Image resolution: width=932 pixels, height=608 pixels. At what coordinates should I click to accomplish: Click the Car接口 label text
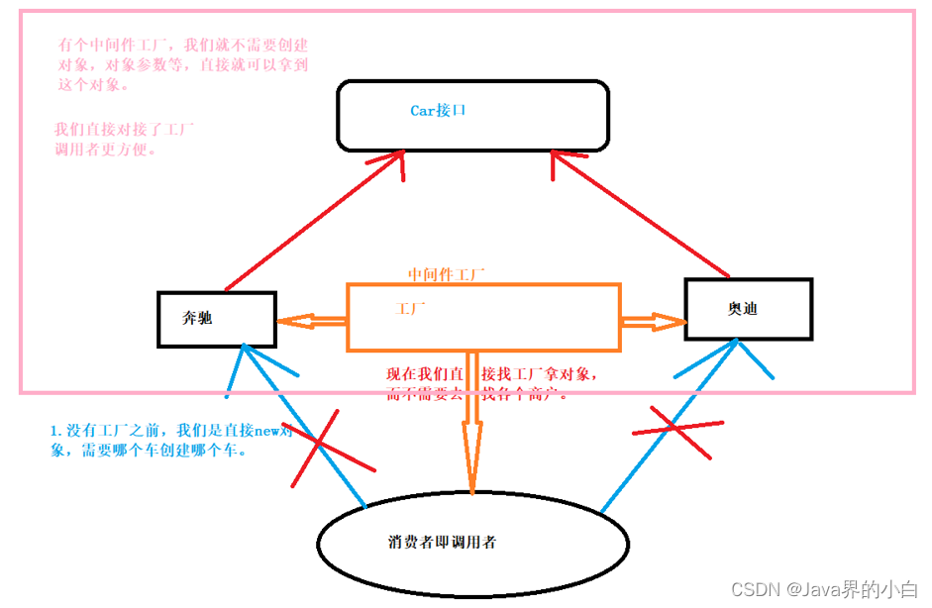click(438, 111)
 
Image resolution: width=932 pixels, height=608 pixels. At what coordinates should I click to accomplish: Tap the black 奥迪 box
click(748, 309)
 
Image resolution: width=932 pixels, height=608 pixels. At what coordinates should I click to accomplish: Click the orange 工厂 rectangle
click(483, 317)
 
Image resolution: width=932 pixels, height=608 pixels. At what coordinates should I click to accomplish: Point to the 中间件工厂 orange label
click(446, 273)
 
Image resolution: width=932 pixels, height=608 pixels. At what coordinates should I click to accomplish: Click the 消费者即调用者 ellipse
click(472, 543)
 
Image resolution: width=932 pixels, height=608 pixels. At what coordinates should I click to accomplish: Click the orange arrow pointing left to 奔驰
click(311, 321)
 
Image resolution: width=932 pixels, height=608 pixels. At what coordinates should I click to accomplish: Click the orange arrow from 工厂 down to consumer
click(471, 426)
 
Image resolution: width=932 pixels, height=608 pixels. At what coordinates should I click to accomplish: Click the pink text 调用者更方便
click(106, 151)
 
